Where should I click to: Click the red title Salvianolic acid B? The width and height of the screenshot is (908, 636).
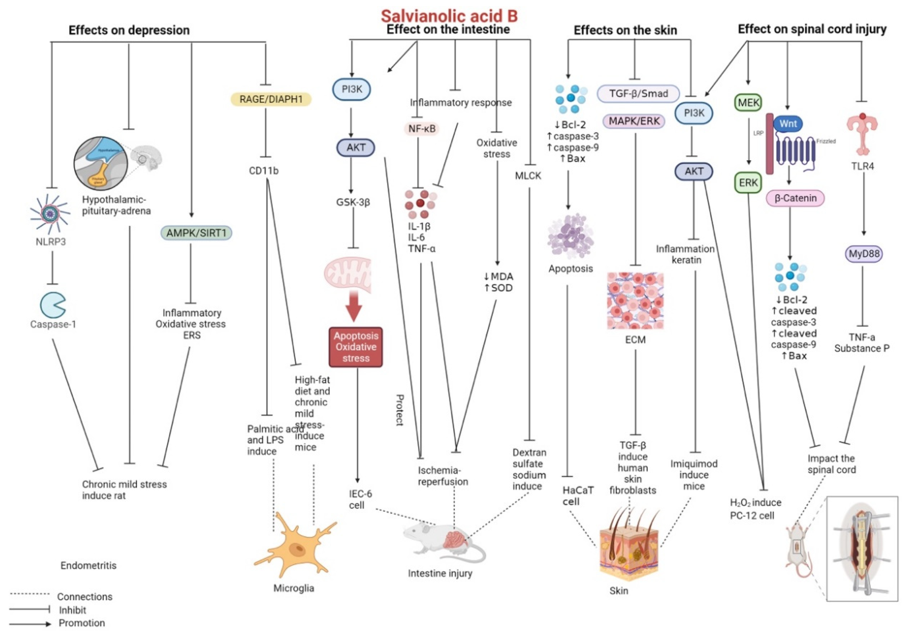point(449,16)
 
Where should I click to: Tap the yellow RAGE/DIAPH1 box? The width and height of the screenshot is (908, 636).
point(271,99)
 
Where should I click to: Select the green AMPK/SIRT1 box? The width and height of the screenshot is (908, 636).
point(196,233)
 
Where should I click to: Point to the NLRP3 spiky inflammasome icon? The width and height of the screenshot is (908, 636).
point(50,214)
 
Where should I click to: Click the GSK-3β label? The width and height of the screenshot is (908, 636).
point(353,203)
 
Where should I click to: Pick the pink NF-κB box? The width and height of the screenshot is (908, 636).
point(422,129)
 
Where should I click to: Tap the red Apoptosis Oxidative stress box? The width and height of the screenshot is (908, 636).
point(356,347)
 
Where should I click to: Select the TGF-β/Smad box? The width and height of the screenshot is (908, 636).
point(638,94)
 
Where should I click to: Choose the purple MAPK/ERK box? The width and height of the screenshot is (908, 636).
point(634,121)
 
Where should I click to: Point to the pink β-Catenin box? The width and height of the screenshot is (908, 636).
point(795,198)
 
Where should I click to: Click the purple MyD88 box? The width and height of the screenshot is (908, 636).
point(864,254)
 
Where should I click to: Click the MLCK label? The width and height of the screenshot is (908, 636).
point(528,176)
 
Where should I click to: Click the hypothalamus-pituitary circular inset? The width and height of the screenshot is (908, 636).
point(101,163)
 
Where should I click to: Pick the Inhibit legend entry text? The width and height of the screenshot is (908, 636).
point(72,610)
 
